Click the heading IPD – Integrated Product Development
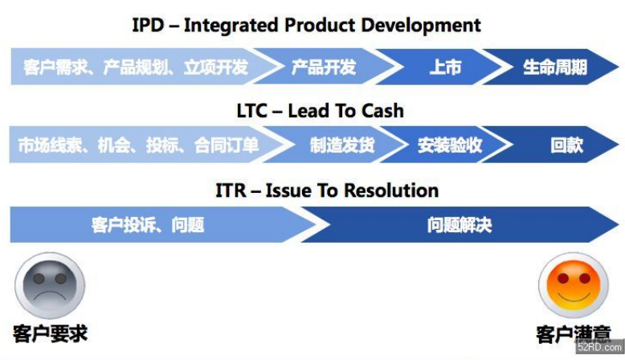(x=306, y=25)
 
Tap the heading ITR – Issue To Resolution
(x=327, y=190)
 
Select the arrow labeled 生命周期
(x=554, y=67)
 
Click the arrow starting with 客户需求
(x=136, y=67)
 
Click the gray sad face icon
(x=49, y=286)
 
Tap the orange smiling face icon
(x=573, y=285)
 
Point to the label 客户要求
(x=50, y=333)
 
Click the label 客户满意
(x=573, y=334)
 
